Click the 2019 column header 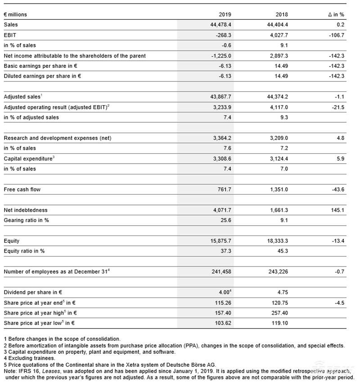click(225, 14)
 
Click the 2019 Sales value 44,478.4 click(220, 25)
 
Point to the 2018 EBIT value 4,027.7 click(278, 35)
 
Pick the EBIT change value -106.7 click(337, 35)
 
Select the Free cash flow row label click(22, 189)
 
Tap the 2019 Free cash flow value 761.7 click(224, 189)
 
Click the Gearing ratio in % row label click(26, 220)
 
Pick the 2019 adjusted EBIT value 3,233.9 click(222, 107)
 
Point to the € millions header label click(15, 14)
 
